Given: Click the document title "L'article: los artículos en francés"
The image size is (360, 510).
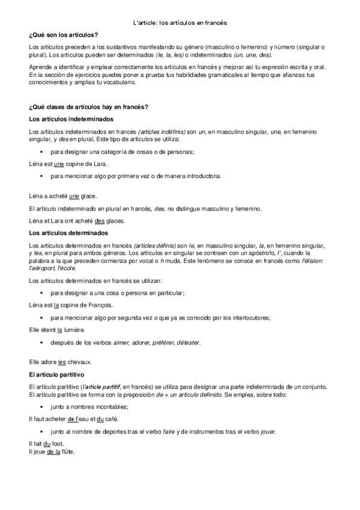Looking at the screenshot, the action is (180, 23).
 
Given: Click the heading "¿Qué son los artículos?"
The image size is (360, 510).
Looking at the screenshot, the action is (63, 36).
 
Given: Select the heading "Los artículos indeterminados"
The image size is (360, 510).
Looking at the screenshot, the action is (66, 119).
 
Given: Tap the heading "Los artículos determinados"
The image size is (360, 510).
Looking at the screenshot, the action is (63, 233).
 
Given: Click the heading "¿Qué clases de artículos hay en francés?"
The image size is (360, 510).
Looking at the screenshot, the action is (88, 107).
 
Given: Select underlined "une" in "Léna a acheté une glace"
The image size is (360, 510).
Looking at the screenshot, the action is (75, 196).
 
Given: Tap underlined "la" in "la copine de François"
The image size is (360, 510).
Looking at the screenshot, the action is (56, 306).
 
